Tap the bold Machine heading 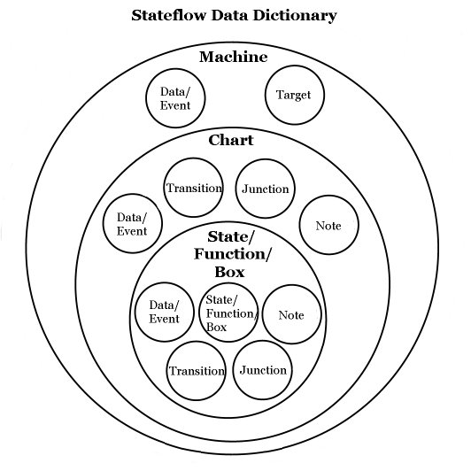tap(234, 57)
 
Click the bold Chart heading tap(231, 140)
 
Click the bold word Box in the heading tap(230, 272)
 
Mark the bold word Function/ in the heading tap(232, 254)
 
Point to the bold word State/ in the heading tap(231, 237)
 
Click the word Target tap(293, 96)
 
